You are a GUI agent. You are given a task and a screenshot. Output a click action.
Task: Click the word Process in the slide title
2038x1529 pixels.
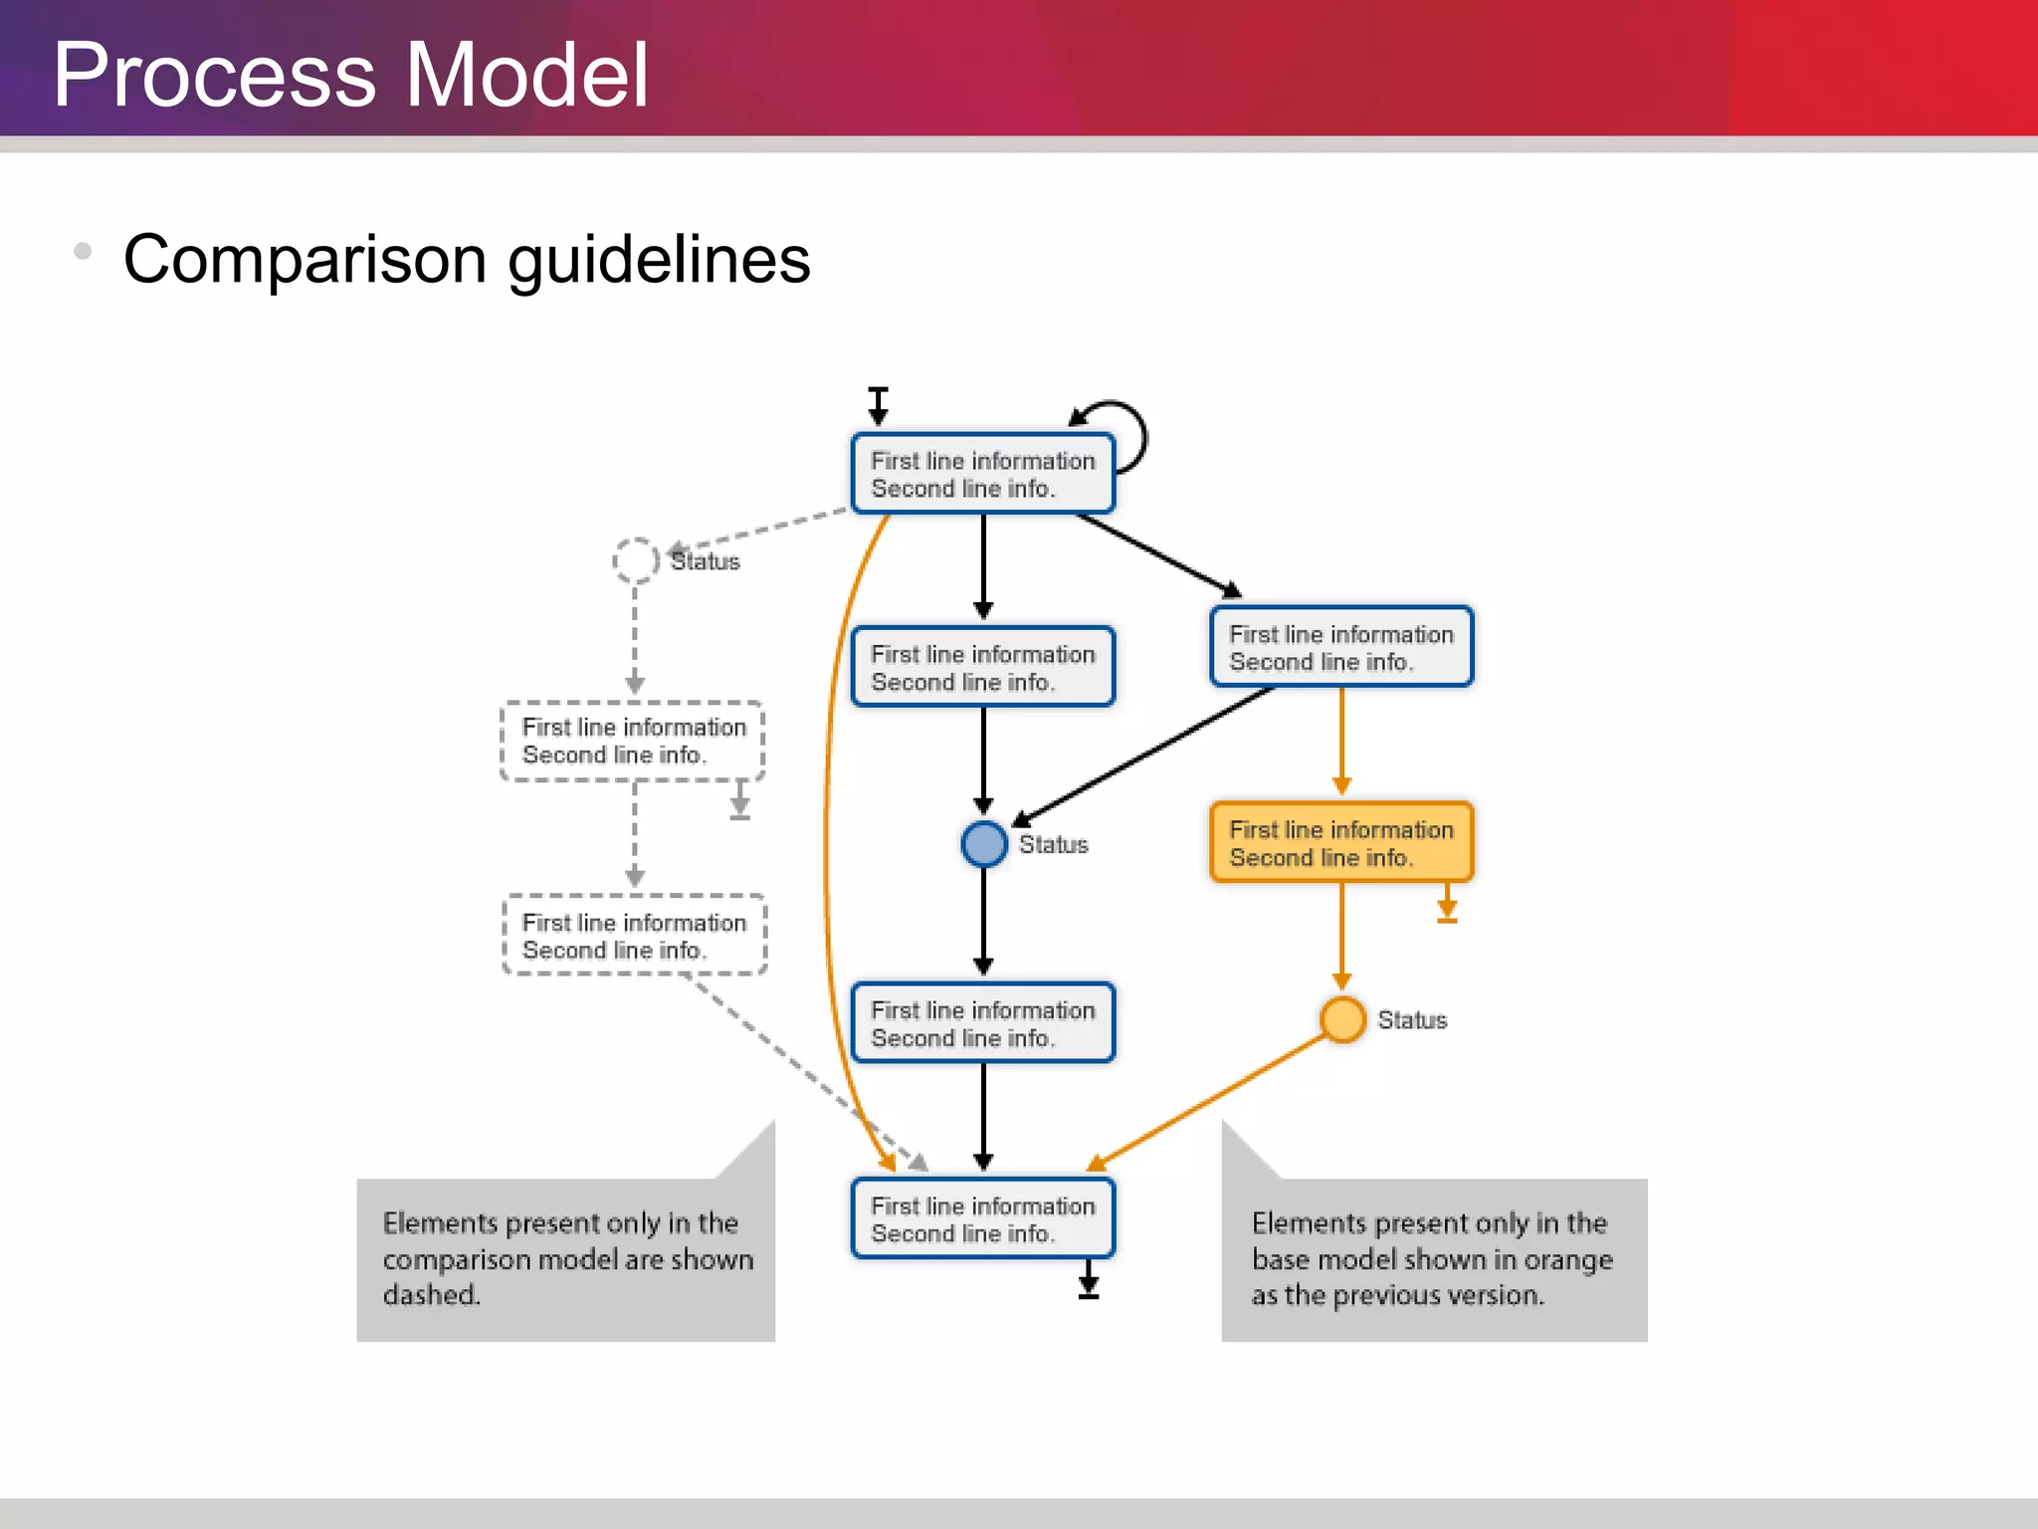click(215, 76)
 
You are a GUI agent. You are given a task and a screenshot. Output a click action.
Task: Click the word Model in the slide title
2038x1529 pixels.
click(527, 76)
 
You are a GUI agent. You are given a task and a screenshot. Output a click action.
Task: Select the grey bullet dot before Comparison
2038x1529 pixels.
click(83, 251)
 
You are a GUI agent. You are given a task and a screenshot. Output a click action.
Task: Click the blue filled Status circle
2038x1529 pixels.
click(984, 844)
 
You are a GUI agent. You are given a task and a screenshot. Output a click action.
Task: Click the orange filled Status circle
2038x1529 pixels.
click(1342, 1019)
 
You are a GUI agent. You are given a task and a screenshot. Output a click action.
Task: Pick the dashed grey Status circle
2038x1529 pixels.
click(635, 560)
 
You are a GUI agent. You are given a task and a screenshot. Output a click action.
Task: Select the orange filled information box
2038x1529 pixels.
click(1340, 843)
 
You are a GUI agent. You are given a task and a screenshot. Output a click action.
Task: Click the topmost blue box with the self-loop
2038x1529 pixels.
click(982, 474)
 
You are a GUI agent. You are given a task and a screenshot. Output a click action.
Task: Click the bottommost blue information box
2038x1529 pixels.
click(982, 1218)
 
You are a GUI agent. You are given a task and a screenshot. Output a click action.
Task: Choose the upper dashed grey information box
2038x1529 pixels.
click(633, 741)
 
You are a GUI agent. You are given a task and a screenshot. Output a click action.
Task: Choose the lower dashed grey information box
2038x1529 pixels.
click(635, 936)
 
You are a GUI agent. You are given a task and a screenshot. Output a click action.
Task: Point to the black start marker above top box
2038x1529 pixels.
click(878, 404)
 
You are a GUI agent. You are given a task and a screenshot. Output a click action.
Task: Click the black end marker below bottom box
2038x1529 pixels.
click(1089, 1281)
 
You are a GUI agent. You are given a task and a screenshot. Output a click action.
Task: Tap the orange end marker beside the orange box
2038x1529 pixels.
click(1447, 905)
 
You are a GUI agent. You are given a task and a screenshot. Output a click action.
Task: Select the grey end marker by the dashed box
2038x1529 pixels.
click(739, 801)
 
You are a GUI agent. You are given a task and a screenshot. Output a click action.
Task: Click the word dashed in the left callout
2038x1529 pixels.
click(431, 1295)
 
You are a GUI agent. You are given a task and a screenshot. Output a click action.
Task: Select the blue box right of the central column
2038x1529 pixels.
click(1340, 647)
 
